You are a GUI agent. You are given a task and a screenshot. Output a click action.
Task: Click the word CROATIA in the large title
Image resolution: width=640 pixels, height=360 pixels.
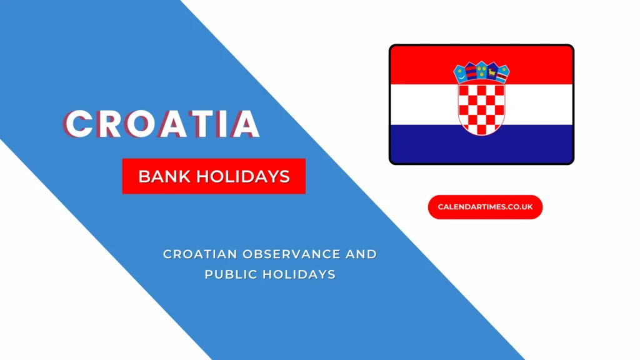pos(162,124)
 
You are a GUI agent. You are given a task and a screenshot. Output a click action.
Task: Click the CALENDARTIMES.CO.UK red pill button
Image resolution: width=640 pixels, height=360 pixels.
pos(485,207)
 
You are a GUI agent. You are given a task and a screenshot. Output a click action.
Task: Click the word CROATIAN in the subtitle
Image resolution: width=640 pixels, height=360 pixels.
pos(197,254)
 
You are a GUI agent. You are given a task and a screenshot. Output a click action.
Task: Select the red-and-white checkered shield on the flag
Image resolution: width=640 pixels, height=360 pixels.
pos(481,107)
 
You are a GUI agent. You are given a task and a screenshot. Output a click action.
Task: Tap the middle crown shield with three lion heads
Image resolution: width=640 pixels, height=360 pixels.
pos(481,69)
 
